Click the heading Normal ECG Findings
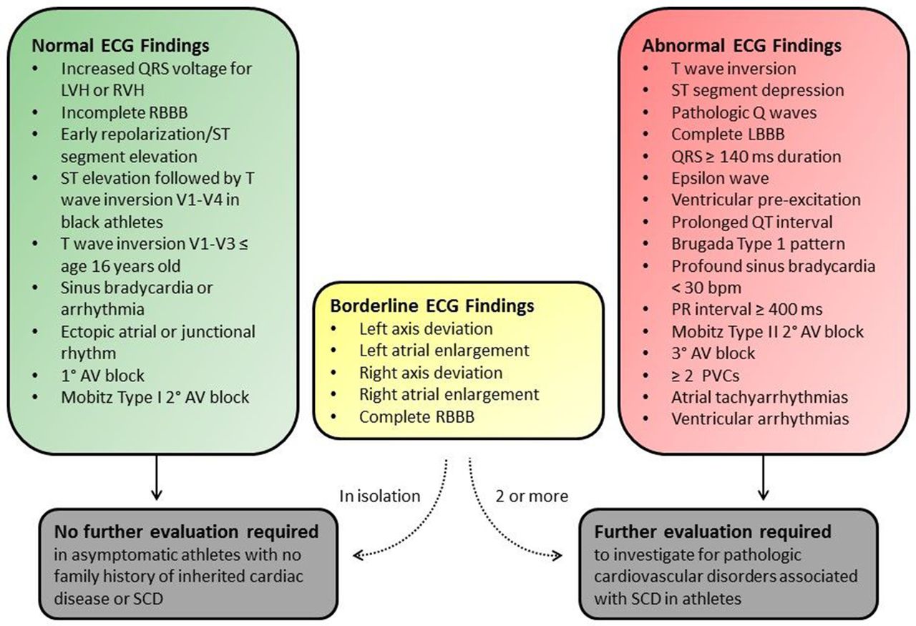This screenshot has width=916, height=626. coord(121,46)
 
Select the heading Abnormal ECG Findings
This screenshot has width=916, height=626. coord(742,46)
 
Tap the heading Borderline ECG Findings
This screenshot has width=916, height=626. coord(432,305)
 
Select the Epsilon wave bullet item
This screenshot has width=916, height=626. coord(720,177)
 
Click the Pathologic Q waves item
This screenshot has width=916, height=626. coord(744,112)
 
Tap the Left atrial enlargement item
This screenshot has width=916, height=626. coord(444,351)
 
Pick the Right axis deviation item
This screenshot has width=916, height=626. coord(431,373)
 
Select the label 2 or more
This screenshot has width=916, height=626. coord(531,495)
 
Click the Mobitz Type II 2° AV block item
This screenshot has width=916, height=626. coord(767,331)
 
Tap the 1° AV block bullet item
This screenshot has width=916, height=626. coord(102,375)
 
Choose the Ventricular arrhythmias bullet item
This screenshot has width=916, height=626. coord(760,418)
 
